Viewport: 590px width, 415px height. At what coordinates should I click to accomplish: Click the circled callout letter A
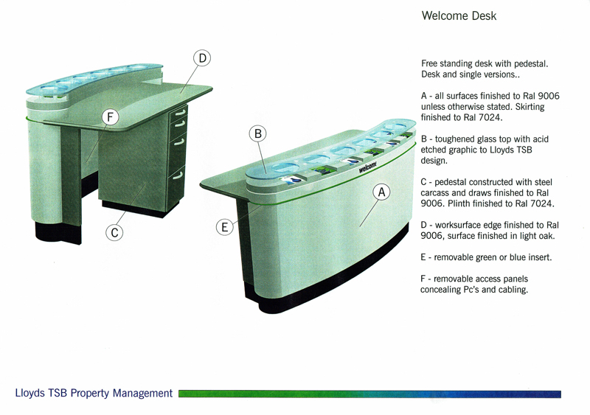pos(381,192)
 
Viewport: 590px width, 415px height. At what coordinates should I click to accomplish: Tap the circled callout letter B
pos(257,133)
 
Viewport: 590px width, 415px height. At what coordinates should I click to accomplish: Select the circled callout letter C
pos(114,232)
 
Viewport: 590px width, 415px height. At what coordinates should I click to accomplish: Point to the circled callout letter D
pos(202,58)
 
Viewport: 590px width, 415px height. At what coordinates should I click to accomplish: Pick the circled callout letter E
pos(225,227)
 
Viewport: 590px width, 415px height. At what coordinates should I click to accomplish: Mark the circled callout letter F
pos(110,117)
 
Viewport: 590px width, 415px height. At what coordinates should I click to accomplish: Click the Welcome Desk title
pos(459,15)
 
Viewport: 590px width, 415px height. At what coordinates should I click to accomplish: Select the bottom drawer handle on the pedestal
pos(178,175)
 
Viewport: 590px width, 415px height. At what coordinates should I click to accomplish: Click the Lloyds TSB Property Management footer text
pos(94,393)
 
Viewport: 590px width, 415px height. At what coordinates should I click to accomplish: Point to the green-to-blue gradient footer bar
pos(370,394)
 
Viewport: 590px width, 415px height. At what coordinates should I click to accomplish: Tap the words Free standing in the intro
pos(447,64)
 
